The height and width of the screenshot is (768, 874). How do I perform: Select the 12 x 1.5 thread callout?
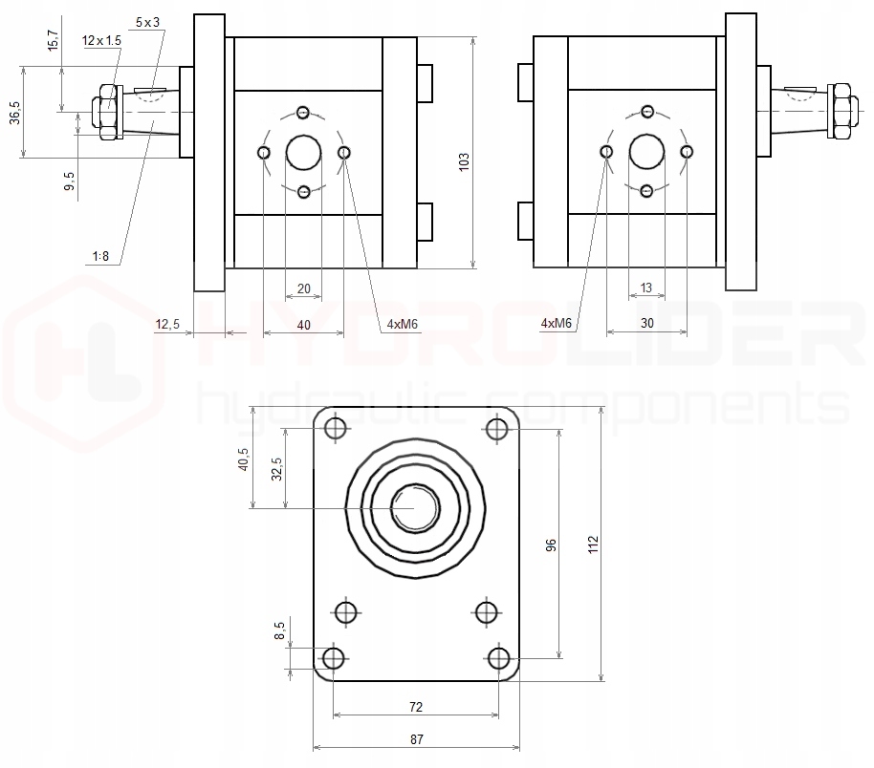tap(102, 40)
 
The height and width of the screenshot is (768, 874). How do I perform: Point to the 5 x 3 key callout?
tap(148, 21)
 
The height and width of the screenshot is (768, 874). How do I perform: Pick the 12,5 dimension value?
tap(167, 325)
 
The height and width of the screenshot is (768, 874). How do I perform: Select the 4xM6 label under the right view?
tap(556, 324)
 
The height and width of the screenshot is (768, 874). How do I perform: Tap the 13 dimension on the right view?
tap(646, 288)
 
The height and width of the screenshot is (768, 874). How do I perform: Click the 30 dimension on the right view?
tap(646, 324)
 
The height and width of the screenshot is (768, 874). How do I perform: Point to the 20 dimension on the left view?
tap(303, 288)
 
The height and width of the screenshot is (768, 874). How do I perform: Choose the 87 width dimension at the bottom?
tap(416, 738)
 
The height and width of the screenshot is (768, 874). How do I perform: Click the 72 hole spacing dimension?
tap(416, 707)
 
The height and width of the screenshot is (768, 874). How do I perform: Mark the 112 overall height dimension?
tap(593, 544)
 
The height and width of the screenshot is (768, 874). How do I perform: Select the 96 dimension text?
tap(552, 544)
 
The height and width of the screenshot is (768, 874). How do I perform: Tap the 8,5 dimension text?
tap(279, 631)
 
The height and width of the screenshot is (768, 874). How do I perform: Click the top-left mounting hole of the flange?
tap(336, 429)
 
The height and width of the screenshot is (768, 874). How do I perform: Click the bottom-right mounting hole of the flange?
tap(498, 658)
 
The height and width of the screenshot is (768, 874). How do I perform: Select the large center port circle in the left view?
tap(303, 151)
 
